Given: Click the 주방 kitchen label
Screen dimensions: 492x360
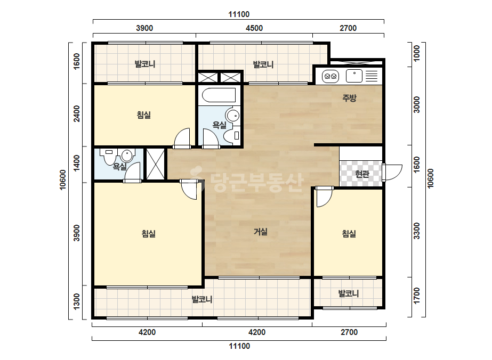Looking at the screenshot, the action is (x=349, y=98).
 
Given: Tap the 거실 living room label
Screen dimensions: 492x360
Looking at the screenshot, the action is (x=261, y=232).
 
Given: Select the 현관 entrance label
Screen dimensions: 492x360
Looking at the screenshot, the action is (x=362, y=174).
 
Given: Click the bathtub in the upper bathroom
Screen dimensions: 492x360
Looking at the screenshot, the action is (x=219, y=95).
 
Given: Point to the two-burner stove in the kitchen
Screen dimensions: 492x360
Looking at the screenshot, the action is (x=330, y=76).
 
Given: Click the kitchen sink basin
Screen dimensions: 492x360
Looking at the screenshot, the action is (x=354, y=76).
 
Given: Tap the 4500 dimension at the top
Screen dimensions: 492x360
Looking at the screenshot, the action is (x=254, y=28).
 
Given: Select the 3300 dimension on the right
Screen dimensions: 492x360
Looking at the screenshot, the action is (x=417, y=231).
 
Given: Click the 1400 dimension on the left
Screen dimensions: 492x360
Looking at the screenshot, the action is (x=77, y=163).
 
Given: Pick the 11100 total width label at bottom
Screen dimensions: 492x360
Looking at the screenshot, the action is (x=239, y=346).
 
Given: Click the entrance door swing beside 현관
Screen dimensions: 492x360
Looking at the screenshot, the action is (x=392, y=172).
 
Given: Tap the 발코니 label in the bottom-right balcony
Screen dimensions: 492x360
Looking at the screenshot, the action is (x=348, y=294).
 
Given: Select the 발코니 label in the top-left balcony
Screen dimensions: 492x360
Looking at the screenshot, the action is (x=145, y=64).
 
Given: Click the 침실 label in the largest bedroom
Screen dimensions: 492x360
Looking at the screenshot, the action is (x=148, y=234).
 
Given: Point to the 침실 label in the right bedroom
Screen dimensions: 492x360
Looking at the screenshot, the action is (x=349, y=234).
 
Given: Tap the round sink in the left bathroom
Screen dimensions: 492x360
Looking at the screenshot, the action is (x=127, y=155).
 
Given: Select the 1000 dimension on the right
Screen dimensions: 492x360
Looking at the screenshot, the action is (x=417, y=53).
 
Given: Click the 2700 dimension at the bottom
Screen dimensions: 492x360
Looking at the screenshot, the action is (x=349, y=332).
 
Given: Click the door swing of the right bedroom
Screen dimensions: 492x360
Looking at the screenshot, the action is (x=324, y=198).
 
